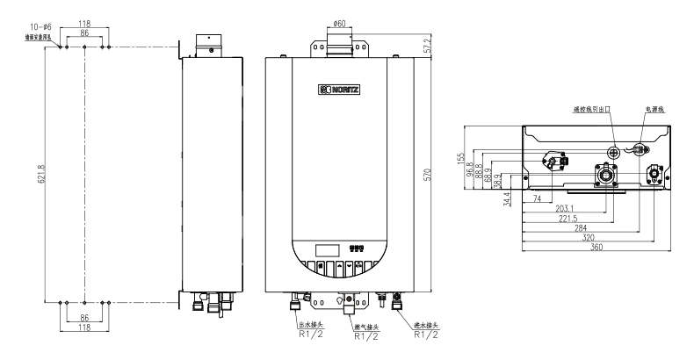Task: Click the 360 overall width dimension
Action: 598,248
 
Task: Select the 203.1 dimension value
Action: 567,208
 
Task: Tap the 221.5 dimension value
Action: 568,218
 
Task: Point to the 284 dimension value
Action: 580,227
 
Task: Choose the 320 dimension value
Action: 590,237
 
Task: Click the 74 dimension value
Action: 536,198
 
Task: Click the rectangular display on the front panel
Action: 327,248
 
